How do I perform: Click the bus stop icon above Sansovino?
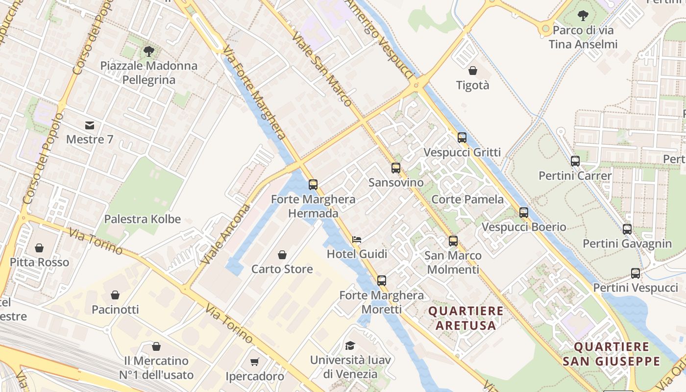(x=396, y=168)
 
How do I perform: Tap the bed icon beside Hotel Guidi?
(x=357, y=240)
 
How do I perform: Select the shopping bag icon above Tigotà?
(x=473, y=71)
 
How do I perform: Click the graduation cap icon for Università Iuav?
(x=350, y=345)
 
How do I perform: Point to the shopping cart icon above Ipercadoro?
(x=254, y=362)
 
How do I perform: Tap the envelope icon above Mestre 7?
(x=90, y=125)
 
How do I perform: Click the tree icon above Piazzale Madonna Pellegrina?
(x=149, y=51)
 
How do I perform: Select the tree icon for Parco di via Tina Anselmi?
(x=583, y=16)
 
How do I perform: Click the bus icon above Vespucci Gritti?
(x=462, y=138)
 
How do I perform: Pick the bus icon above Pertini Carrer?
(x=575, y=161)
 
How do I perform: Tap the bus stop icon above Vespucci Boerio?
(x=524, y=213)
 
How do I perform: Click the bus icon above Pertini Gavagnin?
(x=627, y=229)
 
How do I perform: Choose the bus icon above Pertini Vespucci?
(x=636, y=273)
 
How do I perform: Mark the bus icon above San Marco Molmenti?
(x=453, y=241)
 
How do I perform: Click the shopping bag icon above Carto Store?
(x=282, y=255)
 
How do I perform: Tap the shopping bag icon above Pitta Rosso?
(x=39, y=248)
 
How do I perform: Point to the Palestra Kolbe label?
(x=143, y=219)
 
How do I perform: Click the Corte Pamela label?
(x=467, y=199)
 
